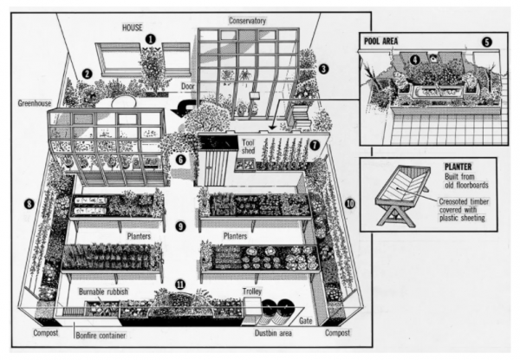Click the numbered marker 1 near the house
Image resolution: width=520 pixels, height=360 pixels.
click(151, 39)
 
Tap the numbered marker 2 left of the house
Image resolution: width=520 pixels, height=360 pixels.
click(87, 74)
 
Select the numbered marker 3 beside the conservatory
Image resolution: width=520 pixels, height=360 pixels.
click(322, 68)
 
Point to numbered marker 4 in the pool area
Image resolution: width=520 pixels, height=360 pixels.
click(415, 59)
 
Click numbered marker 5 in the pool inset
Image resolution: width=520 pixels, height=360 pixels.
click(486, 42)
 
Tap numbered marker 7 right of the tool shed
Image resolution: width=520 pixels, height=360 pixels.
click(315, 144)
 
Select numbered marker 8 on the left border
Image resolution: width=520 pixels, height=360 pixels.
click(29, 205)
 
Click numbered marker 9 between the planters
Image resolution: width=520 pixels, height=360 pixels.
click(180, 226)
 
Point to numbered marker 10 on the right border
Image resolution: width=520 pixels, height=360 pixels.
click(349, 205)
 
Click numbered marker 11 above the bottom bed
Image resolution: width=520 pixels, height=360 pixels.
click(180, 283)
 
